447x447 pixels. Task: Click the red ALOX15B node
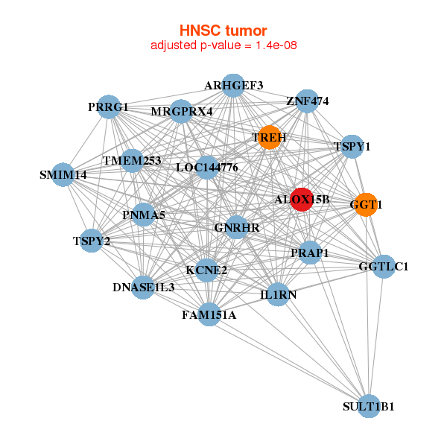[x=301, y=200]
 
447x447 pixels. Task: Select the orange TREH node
[x=269, y=137]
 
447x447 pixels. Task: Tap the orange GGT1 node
[x=365, y=205]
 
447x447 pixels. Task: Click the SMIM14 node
[x=63, y=175]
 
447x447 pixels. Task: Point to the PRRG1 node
[x=109, y=107]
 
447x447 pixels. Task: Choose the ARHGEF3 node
[x=234, y=85]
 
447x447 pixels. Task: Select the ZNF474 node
[x=307, y=101]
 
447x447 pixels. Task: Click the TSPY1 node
[x=352, y=146]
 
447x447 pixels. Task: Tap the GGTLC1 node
[x=384, y=267]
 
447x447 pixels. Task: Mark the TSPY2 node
[x=91, y=241]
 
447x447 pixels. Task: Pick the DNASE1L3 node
[x=144, y=287]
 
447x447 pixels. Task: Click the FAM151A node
[x=209, y=314]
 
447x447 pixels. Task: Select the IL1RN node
[x=278, y=294]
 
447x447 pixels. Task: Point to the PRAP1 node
[x=310, y=253]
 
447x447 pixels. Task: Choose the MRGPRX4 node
[x=182, y=112]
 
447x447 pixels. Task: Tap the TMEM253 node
[x=132, y=160]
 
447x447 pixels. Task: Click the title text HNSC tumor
[x=223, y=31]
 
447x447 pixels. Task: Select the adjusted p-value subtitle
[x=224, y=45]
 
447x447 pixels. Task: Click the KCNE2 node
[x=207, y=270]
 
